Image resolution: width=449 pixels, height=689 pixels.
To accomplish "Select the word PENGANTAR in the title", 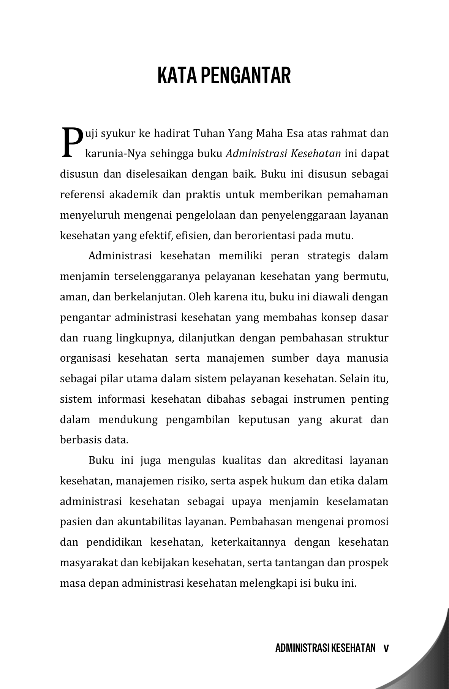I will (x=245, y=75).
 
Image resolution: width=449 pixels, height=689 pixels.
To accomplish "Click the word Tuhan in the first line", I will (x=209, y=133).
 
